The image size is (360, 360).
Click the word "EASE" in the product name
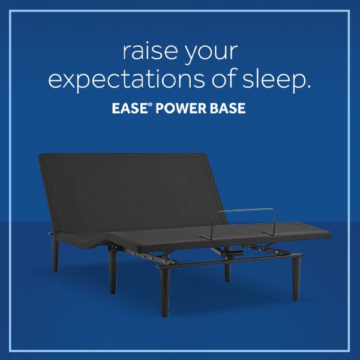[x=128, y=110]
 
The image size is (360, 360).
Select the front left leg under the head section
[x=112, y=270]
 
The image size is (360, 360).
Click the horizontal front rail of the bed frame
[x=228, y=259]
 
